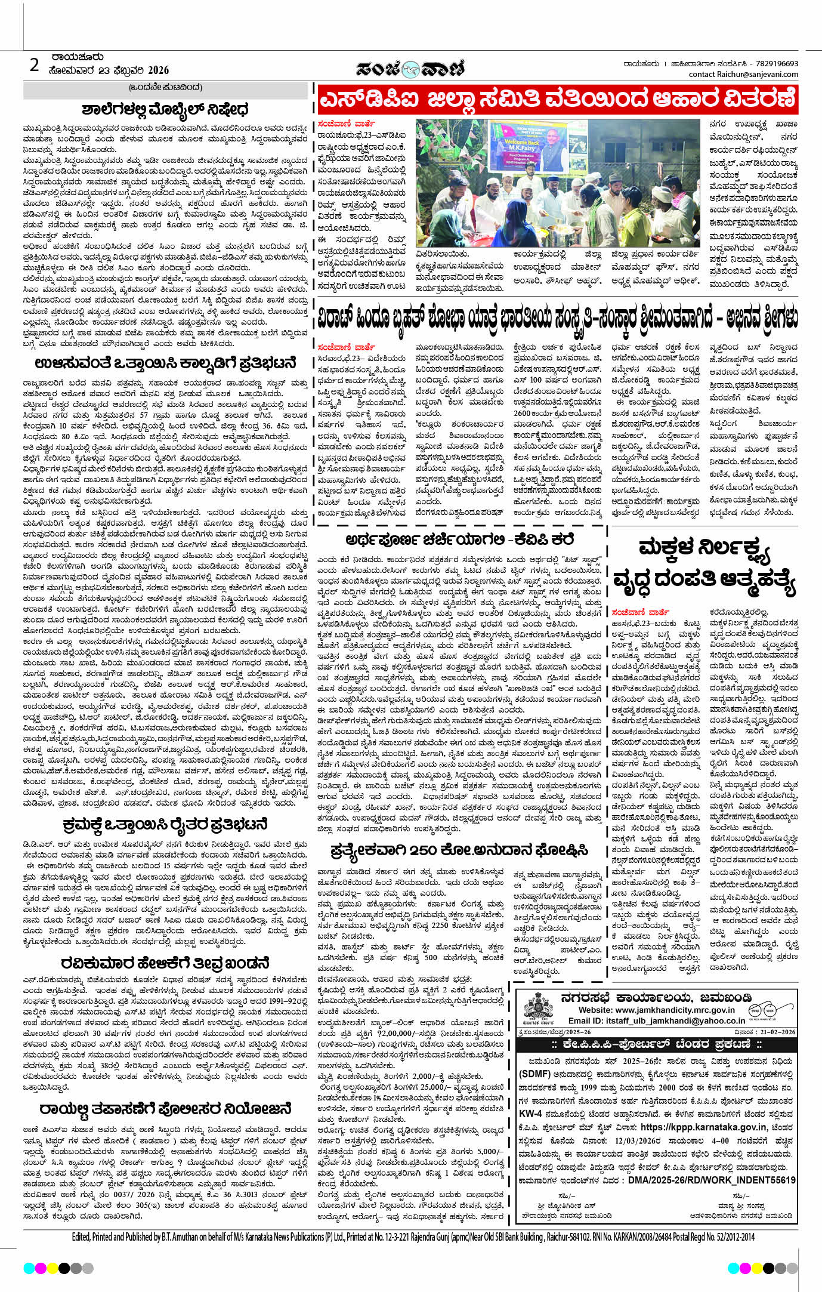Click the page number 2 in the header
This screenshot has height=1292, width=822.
35,64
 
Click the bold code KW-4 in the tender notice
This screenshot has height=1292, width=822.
530,1114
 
